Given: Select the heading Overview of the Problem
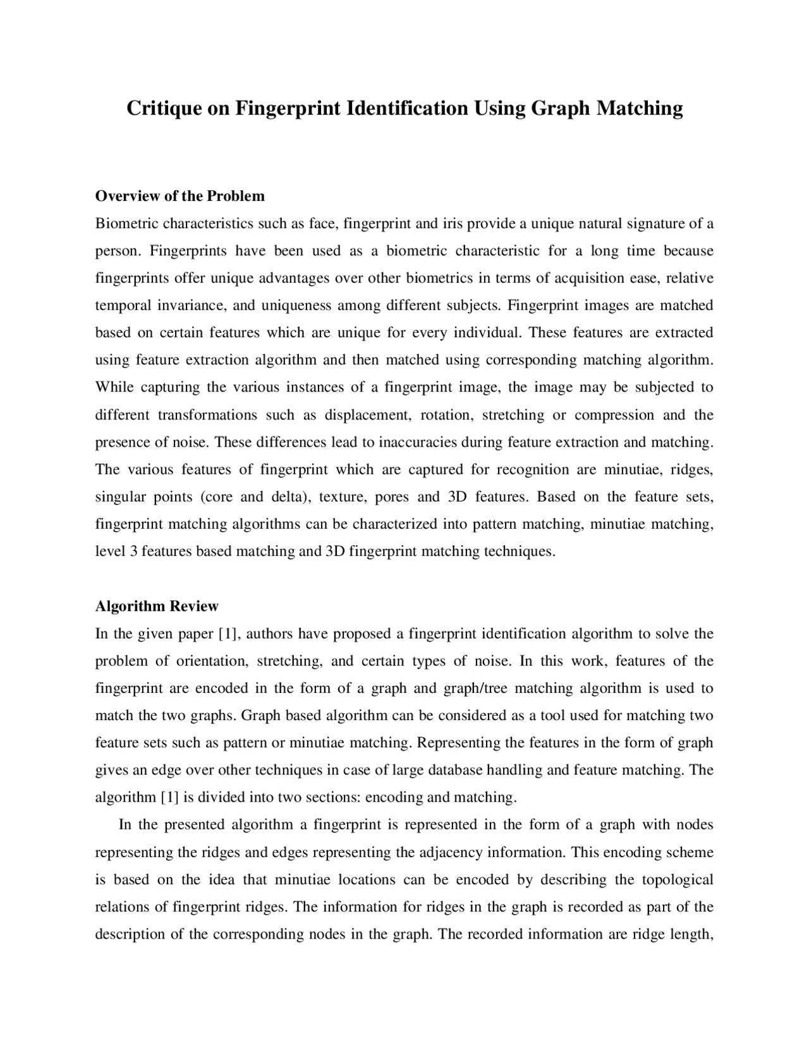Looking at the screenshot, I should [x=179, y=196].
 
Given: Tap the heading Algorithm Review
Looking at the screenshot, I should [x=156, y=606].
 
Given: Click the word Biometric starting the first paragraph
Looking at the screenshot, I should [x=126, y=224].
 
